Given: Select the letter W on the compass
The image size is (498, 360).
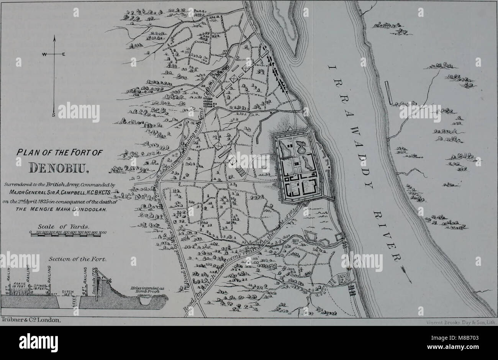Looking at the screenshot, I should coord(45,54).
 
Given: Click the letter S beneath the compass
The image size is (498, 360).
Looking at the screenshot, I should coord(54,115).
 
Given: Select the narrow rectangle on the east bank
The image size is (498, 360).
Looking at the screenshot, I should coord(389,93).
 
